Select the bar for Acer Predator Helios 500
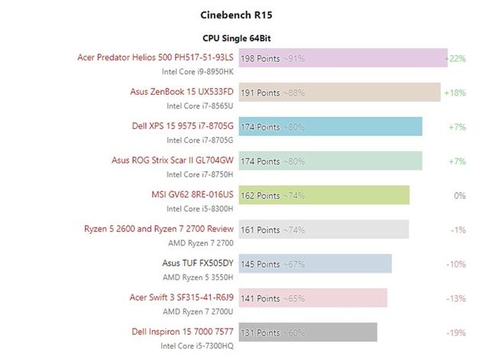[x=343, y=58]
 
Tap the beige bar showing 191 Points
[x=340, y=92]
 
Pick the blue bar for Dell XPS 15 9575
[x=331, y=127]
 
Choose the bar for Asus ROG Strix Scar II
[x=331, y=161]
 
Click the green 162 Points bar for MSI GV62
[x=325, y=196]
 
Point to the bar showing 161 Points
[x=324, y=229]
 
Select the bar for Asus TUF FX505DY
[x=316, y=264]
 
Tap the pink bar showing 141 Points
[x=313, y=298]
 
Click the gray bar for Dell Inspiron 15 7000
[x=308, y=332]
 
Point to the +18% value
[x=455, y=92]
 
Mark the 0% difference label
[x=459, y=196]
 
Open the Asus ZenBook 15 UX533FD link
[x=182, y=92]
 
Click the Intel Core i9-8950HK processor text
[x=197, y=71]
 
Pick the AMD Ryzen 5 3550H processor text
[x=198, y=277]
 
